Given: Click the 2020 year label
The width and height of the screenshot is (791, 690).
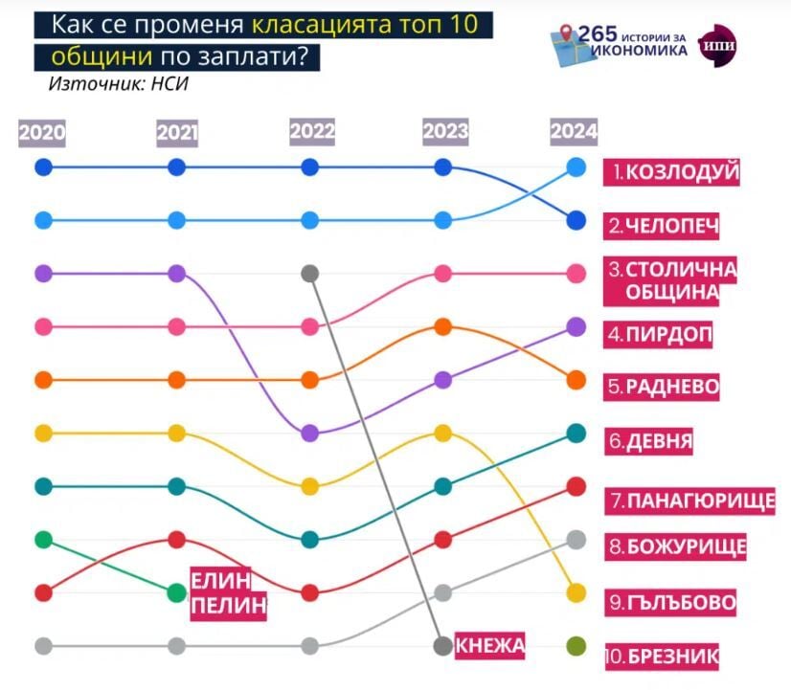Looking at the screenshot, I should click(42, 133).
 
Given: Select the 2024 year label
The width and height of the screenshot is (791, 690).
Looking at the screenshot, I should click(575, 133).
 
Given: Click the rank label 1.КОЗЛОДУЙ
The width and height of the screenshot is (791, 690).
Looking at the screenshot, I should click(677, 172).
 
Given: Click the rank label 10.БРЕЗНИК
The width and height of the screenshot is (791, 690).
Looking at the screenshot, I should click(663, 656).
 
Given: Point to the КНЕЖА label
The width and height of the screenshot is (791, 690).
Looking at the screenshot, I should click(490, 646).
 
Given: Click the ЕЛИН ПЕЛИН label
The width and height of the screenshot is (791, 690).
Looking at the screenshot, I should click(227, 592).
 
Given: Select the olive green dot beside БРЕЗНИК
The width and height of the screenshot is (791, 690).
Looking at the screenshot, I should click(576, 646).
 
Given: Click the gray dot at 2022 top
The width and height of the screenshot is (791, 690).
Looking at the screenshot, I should click(309, 274).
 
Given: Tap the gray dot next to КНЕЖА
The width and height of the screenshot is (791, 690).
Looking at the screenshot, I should click(442, 646).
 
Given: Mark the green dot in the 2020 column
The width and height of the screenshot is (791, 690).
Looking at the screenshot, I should click(42, 540).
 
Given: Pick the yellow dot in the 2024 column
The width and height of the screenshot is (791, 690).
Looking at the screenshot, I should click(576, 592).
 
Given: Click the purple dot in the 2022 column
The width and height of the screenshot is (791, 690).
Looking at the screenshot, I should click(309, 434).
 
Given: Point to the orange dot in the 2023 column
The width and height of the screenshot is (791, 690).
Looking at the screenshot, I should click(442, 327).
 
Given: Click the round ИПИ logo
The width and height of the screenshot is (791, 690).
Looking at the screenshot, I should click(719, 43).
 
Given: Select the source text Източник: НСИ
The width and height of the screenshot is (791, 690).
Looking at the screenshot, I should click(119, 83).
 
